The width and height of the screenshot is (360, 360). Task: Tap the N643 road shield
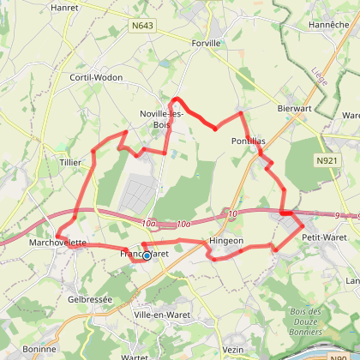coord(142,27)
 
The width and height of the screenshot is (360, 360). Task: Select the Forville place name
coord(207,42)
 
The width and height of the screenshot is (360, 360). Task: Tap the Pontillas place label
coord(249,141)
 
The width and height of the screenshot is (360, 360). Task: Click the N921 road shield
coord(325,160)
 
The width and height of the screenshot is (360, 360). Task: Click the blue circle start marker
coord(147,255)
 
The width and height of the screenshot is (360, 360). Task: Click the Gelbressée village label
coord(90,300)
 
